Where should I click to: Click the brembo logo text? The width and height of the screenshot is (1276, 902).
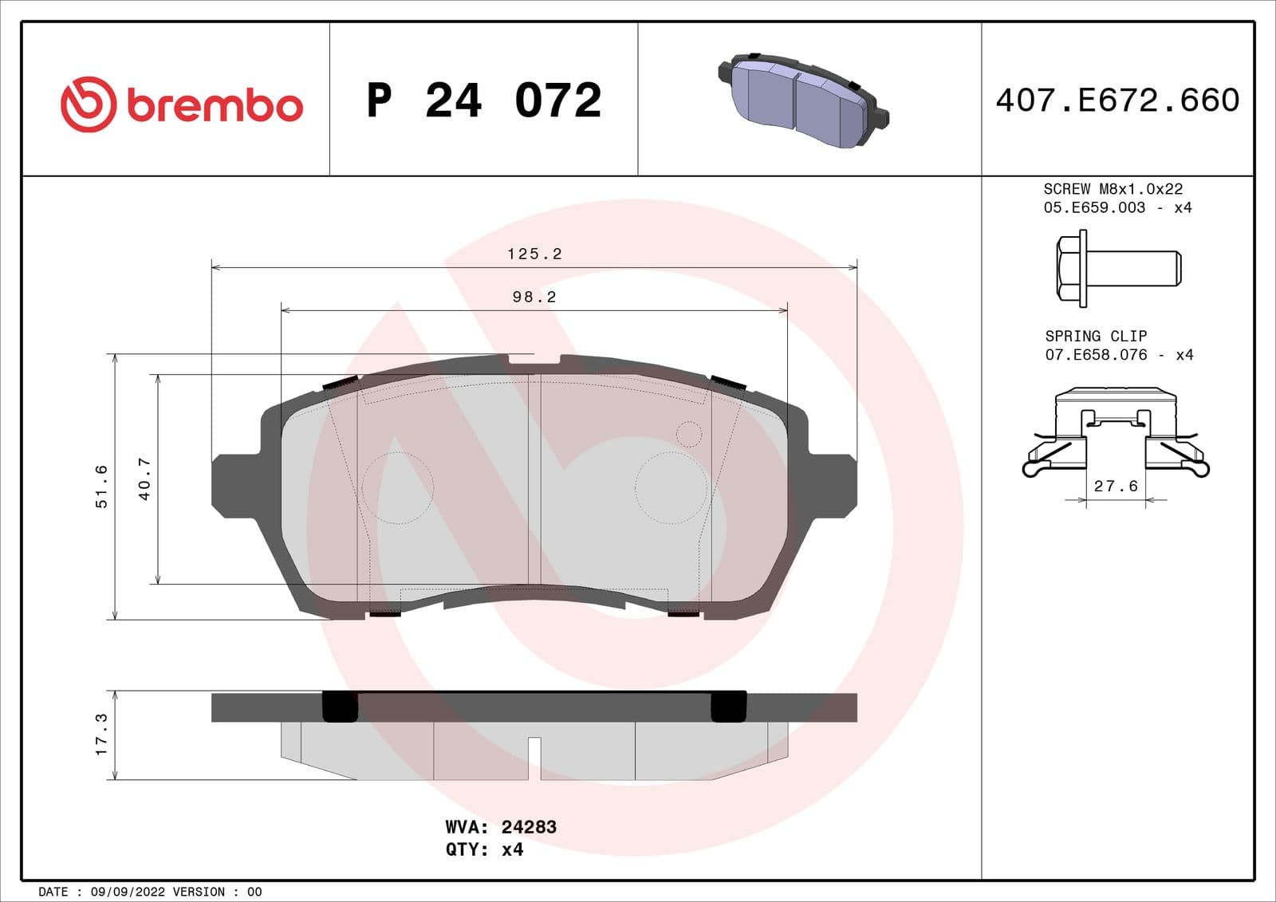214,106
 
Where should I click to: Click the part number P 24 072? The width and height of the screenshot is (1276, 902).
483,100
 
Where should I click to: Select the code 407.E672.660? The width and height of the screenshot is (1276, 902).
1117,100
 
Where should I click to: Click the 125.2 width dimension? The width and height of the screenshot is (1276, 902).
534,254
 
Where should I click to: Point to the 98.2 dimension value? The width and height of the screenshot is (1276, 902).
534,297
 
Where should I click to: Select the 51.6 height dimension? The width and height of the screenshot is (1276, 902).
101,486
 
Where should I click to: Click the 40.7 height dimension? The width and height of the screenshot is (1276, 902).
144,479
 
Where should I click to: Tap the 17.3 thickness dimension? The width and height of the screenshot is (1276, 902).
101,735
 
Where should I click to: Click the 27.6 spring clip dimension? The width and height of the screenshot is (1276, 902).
1116,486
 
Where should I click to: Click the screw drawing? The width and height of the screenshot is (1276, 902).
1118,268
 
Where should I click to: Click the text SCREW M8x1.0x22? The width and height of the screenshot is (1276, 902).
1113,189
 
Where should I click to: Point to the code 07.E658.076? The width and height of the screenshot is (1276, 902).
1096,355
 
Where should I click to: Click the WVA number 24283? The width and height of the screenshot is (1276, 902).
529,827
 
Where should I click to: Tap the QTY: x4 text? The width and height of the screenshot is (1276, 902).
484,849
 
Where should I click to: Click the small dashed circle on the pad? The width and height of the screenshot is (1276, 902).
688,434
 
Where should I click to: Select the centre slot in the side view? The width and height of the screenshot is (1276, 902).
534,758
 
